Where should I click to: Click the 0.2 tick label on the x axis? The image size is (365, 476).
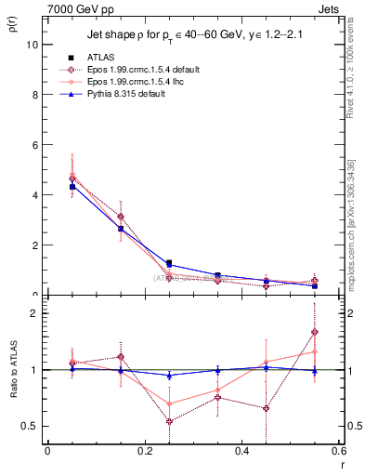tap(144, 451)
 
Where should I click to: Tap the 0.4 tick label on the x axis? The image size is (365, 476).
tap(241, 451)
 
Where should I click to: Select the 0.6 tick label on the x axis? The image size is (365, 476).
tap(338, 451)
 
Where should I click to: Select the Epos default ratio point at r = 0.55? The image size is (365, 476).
tap(315, 332)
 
